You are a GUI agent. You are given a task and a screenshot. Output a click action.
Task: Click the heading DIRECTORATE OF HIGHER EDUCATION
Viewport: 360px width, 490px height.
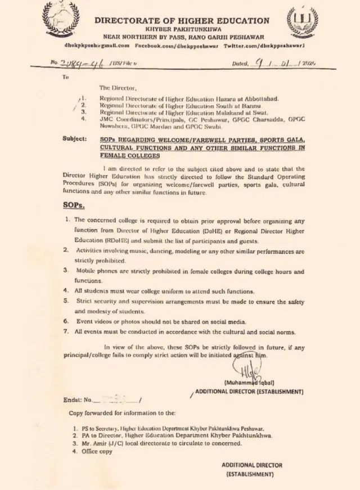click(181, 20)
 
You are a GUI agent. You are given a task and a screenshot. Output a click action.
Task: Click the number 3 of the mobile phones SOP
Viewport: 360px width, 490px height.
click(66, 271)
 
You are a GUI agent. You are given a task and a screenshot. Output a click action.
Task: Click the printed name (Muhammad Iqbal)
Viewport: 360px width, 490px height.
click(249, 382)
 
